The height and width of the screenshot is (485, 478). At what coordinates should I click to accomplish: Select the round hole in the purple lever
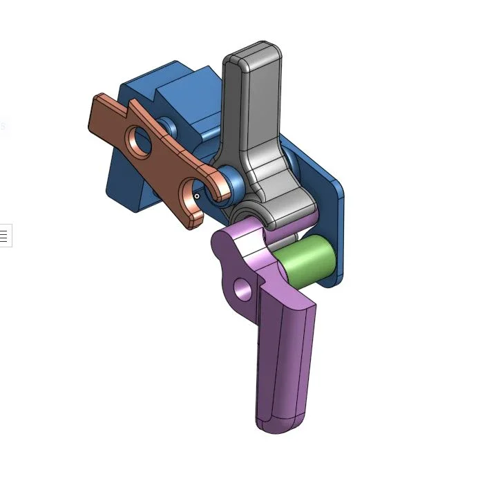pos(241,289)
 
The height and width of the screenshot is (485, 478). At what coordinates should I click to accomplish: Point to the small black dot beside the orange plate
pos(197,196)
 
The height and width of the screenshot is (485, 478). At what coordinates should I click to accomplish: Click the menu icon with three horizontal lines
pos(3,236)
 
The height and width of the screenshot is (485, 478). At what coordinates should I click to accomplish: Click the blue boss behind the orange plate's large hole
pos(166,127)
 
